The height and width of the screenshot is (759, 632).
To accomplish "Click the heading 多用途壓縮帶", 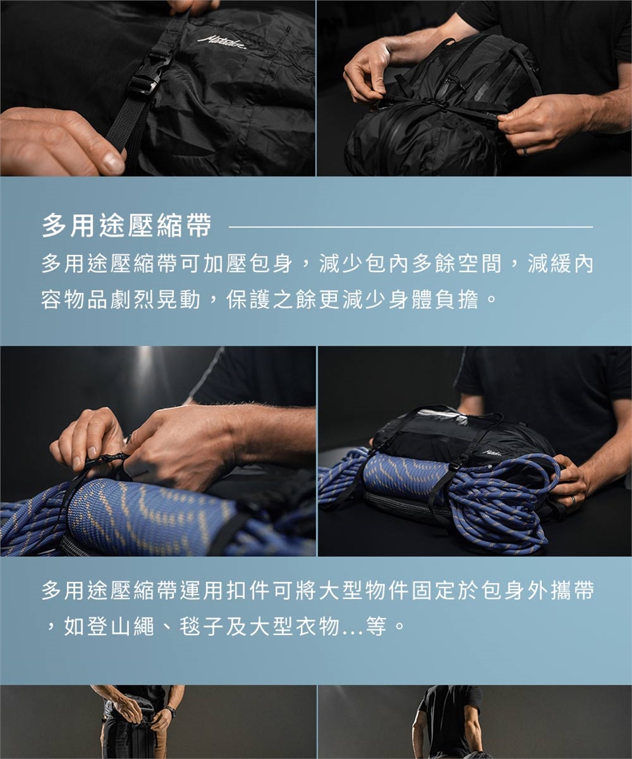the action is point(126,226).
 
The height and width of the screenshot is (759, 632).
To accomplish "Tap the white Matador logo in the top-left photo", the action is point(223,42).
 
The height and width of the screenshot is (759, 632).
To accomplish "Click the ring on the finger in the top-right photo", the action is point(525,152).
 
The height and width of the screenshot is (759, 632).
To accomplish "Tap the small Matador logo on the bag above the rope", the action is point(492,453).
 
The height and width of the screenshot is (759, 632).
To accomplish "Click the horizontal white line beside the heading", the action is point(411,227).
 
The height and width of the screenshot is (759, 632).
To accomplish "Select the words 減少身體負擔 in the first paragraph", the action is point(411,300).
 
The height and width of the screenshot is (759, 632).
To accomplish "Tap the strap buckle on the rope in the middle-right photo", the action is point(454,468).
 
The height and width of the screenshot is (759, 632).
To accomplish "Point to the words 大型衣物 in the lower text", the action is point(294,627).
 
